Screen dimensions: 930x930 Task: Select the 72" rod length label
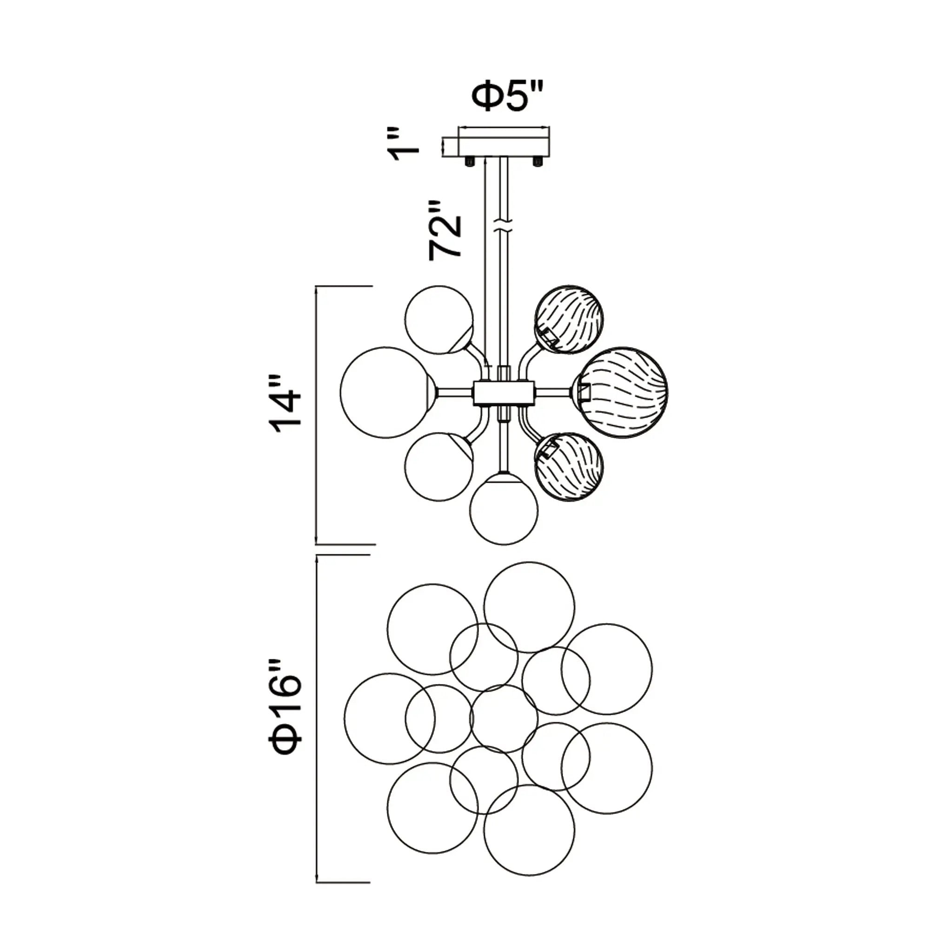point(445,231)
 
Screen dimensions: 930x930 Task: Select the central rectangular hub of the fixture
point(504,393)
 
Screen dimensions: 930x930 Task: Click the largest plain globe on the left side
point(386,392)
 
